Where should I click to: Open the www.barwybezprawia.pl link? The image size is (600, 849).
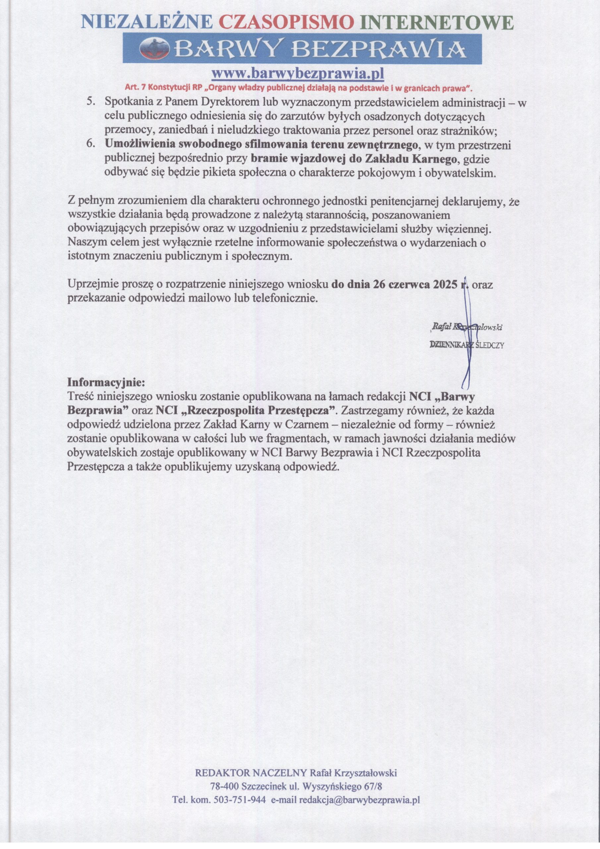(298, 74)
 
